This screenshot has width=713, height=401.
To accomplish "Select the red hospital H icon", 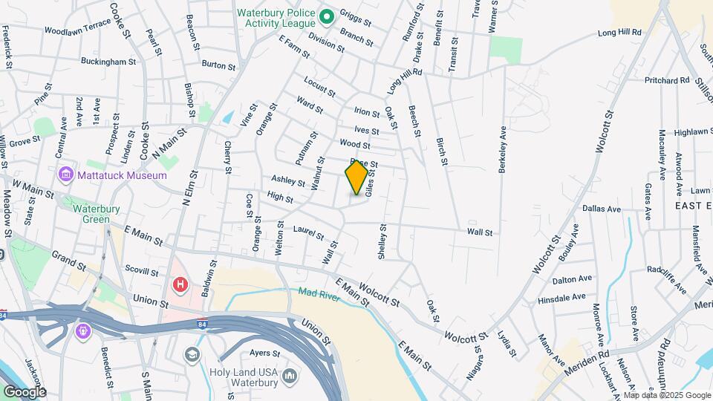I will tap(179, 284).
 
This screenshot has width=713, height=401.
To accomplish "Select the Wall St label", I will tap(480, 232).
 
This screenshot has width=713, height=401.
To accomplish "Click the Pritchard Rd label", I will tap(667, 79).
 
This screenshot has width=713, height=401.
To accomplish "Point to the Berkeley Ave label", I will tap(503, 149).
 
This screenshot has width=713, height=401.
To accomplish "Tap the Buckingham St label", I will tap(109, 62).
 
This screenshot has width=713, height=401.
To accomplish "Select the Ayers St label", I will tap(264, 353).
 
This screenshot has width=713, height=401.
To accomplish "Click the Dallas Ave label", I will tap(602, 209).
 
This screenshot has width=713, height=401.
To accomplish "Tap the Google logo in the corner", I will tap(25, 391).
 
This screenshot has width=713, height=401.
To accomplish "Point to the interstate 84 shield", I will tap(203, 324).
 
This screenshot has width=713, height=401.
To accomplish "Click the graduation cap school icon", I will tap(192, 354).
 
